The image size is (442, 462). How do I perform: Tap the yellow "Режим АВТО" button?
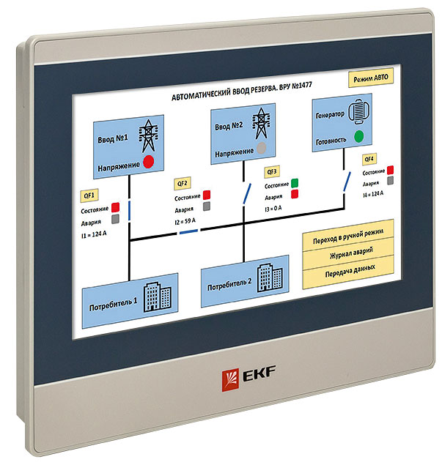[x=371, y=78]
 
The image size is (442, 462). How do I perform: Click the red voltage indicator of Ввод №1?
[x=148, y=162]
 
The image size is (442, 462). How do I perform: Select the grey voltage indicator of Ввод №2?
[x=261, y=148]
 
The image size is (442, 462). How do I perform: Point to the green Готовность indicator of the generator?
[x=358, y=136]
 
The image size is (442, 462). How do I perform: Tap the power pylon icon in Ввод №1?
[x=148, y=135]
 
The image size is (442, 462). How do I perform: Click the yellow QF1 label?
[x=89, y=195]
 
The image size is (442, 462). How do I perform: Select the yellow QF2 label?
[x=182, y=183]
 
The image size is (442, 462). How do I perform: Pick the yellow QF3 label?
[x=272, y=171]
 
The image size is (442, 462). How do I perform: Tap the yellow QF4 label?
[x=369, y=159]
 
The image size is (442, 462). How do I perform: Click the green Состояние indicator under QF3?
[x=295, y=183]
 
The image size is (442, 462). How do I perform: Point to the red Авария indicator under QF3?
[x=295, y=194]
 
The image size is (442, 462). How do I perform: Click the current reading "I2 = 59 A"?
[x=185, y=221]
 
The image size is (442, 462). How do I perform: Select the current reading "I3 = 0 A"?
[x=273, y=209]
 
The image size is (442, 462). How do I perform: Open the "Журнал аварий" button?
[x=351, y=253]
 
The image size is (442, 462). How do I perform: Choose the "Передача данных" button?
[x=350, y=271]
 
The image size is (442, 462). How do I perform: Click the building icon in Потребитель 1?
[x=158, y=297]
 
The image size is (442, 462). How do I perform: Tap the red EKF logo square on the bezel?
[x=230, y=380]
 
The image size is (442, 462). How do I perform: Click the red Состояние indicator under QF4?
[x=390, y=170]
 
